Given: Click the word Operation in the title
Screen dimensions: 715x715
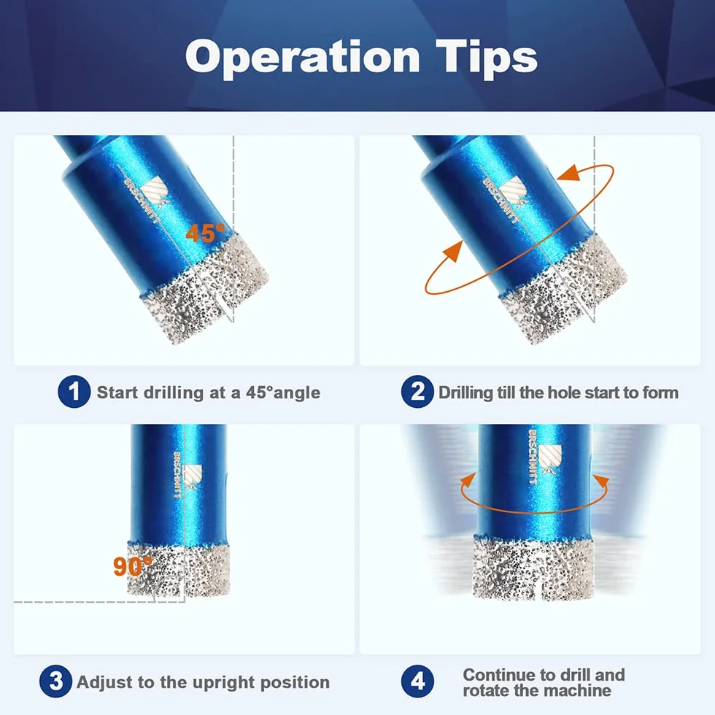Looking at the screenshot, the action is [x=302, y=58].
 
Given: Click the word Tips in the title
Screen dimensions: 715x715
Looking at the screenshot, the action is [x=487, y=58].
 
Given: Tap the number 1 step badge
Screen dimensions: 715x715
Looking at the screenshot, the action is [x=74, y=392].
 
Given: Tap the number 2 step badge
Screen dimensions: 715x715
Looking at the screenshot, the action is [x=417, y=392].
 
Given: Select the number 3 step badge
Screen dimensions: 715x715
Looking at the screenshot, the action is [x=55, y=681].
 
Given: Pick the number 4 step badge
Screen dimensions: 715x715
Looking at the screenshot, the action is [x=417, y=681].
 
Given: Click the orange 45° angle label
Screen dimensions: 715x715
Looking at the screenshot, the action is [x=205, y=233].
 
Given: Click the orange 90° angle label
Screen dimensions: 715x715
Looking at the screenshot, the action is [x=133, y=566].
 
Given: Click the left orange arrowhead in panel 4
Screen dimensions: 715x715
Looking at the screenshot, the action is [x=468, y=481].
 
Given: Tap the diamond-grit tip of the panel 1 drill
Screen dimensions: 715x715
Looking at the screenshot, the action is [x=205, y=287].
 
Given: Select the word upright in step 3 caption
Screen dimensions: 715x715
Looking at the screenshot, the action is [x=224, y=683].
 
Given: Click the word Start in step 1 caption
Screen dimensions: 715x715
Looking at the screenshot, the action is [x=117, y=393].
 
